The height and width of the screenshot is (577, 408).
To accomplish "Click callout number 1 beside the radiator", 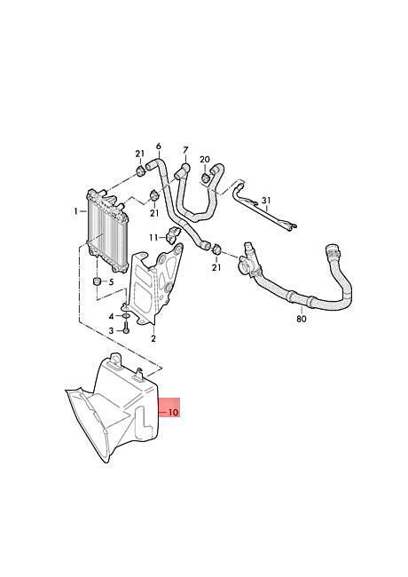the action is point(75,211).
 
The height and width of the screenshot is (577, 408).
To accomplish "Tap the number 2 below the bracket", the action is point(153,338).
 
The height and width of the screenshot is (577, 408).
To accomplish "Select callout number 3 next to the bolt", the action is point(111,331).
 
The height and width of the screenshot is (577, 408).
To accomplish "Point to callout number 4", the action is point(111,317).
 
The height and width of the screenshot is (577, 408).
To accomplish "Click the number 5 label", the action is point(111,282).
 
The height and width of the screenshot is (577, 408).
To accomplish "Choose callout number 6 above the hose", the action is point(159,146).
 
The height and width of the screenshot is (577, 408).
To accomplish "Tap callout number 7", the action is point(185,151).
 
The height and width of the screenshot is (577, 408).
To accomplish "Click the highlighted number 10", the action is point(173,412).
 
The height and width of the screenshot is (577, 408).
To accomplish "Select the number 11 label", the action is point(153,238).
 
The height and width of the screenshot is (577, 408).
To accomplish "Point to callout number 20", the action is point(205,159).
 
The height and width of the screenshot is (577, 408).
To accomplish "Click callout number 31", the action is point(266,201).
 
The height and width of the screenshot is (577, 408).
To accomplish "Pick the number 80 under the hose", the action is point(301,319).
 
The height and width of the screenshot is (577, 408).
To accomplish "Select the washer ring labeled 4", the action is point(125,316).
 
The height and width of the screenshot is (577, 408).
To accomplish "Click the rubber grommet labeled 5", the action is point(97,281).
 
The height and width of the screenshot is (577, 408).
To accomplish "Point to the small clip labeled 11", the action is point(174,234).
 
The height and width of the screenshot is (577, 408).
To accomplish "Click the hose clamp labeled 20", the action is point(205,178).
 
